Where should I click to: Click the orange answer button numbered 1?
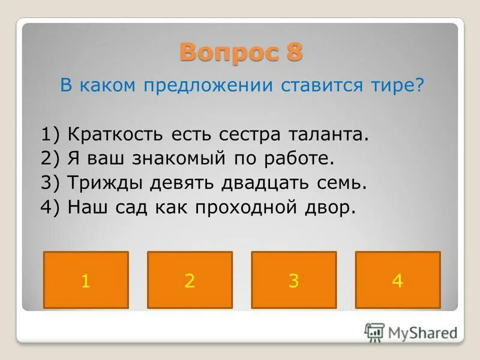[86, 280]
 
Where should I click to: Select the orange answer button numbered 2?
[190, 280]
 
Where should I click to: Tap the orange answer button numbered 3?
[293, 280]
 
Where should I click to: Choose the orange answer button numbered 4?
[398, 280]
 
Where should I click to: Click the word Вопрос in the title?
[223, 53]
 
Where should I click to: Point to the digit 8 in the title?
[294, 53]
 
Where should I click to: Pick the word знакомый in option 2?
[188, 158]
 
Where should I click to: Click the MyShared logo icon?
[374, 332]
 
